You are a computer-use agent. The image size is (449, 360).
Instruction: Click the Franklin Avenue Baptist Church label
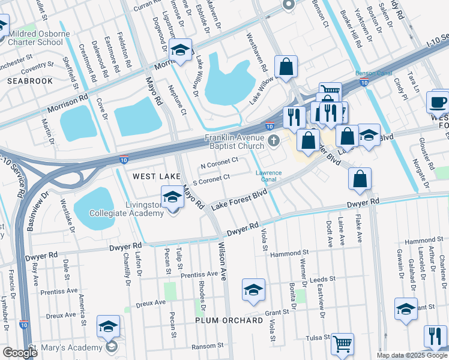click(234, 142)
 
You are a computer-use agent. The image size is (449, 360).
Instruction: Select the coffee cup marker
click(438, 101)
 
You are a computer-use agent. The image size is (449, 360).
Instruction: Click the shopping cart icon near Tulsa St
click(342, 344)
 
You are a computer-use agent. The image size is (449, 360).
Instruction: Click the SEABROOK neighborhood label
click(30, 80)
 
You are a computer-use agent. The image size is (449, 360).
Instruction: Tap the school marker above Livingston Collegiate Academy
click(172, 196)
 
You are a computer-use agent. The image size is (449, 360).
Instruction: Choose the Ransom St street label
click(208, 346)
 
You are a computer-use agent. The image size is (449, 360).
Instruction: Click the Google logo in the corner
click(20, 353)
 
